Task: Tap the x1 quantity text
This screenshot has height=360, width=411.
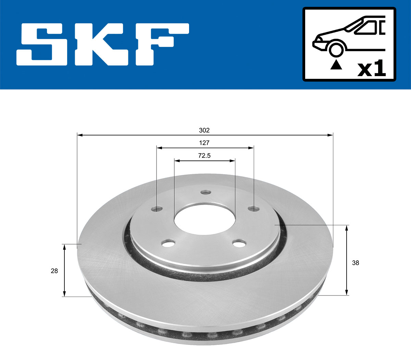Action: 371,69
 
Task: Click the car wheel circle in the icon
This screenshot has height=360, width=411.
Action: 336,49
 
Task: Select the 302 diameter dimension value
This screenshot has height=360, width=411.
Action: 204,130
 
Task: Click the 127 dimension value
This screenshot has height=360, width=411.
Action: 204,143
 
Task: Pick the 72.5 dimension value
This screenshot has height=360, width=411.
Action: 204,156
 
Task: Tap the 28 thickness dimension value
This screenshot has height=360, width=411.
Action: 54,271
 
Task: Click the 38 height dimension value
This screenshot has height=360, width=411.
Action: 356,263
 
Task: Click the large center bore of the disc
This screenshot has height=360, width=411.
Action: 204,219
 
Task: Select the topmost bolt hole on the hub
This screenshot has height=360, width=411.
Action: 205,192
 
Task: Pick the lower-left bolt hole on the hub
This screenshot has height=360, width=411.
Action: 168,244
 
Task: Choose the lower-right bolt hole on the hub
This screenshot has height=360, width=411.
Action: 239,244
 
